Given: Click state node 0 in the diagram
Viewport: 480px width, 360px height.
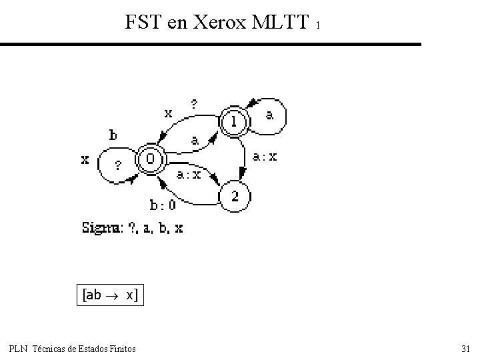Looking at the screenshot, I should (x=151, y=159).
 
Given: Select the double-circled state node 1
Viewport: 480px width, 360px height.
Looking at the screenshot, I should (x=234, y=121).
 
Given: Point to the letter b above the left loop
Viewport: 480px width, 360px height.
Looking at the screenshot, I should (x=113, y=135).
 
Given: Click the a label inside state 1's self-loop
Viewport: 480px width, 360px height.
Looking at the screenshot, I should (x=269, y=115).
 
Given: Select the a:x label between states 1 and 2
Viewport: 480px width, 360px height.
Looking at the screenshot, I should (x=265, y=157).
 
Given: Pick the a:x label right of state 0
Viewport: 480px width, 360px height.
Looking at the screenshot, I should (x=188, y=175).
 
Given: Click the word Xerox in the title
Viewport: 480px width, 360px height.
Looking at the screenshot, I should (x=220, y=23).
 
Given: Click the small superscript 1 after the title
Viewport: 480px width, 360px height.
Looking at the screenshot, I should (x=319, y=26).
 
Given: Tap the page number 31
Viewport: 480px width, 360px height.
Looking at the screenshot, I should (x=465, y=349).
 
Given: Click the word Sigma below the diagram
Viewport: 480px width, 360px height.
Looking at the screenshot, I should (x=101, y=228).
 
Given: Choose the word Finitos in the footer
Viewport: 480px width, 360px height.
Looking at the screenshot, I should (x=121, y=349).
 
